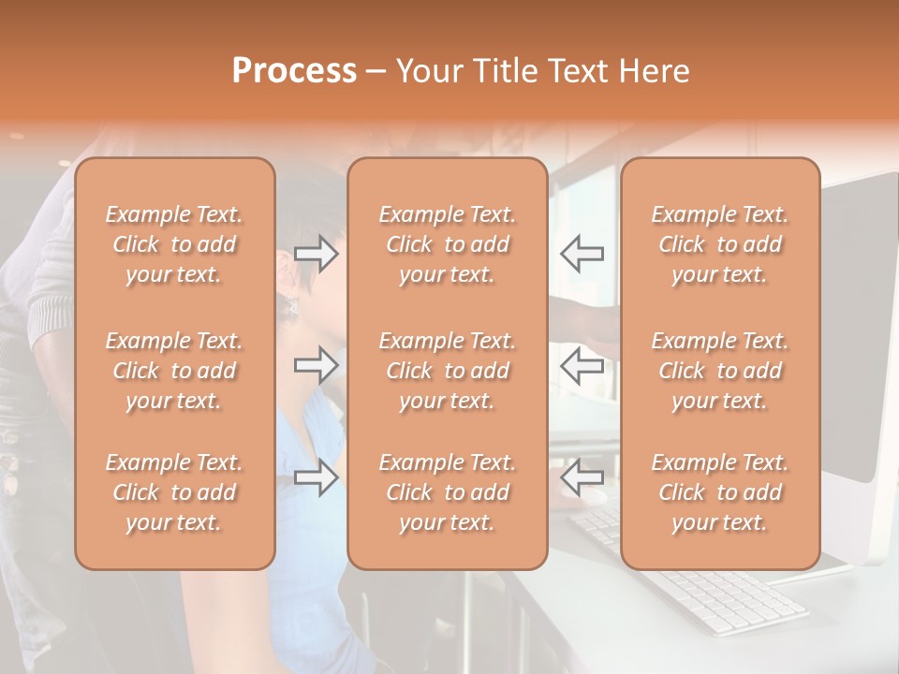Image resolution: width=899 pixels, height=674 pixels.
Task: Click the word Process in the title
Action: tap(294, 71)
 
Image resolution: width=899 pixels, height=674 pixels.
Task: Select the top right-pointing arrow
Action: tap(317, 254)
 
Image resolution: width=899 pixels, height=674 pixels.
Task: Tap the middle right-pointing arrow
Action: tap(317, 365)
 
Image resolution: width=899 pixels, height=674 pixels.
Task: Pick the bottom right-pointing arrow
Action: tap(317, 478)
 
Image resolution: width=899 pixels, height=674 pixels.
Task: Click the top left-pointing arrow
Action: tap(582, 254)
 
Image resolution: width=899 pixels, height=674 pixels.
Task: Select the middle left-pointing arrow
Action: tap(582, 365)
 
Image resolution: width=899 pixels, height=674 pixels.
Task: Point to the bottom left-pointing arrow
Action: tap(582, 478)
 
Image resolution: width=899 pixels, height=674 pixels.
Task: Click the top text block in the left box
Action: tap(174, 244)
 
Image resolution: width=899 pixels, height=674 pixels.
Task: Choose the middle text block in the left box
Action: tap(174, 371)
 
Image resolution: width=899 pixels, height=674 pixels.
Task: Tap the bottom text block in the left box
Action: tap(174, 492)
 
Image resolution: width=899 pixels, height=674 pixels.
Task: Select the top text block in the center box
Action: tap(447, 244)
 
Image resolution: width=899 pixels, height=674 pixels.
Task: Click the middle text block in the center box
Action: tap(447, 371)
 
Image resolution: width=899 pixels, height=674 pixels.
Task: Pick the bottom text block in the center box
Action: tap(447, 492)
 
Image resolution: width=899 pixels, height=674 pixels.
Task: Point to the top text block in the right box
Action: tap(719, 244)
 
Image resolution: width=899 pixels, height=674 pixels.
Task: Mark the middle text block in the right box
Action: tap(719, 371)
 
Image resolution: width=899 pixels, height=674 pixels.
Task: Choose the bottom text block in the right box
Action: tap(719, 492)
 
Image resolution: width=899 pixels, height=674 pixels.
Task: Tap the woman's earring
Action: tap(291, 306)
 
